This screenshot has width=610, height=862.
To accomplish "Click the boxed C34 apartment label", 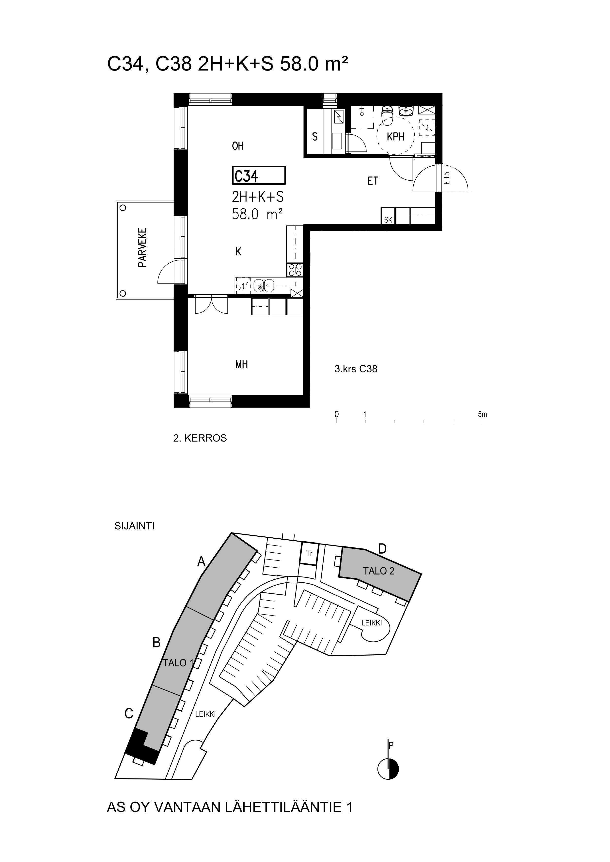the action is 259,175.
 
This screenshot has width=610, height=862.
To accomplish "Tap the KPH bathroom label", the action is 395,137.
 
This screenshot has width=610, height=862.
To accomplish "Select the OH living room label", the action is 238,146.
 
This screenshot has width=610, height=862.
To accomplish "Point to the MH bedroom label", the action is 241,364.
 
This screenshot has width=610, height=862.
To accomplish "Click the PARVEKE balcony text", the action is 142,247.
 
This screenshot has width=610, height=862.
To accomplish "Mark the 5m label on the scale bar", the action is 482,415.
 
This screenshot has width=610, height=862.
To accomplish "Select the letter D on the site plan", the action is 382,549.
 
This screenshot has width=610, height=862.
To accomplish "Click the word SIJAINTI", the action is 135,526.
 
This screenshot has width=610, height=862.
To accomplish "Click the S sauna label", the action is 315,137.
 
